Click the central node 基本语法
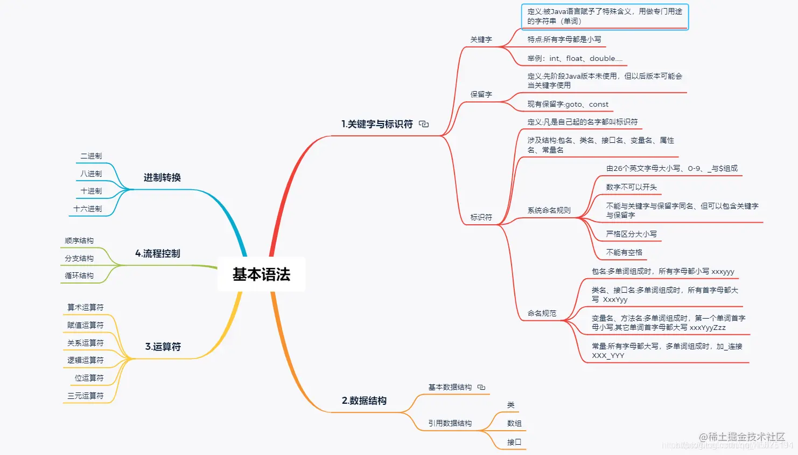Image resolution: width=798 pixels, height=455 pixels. pyautogui.click(x=261, y=274)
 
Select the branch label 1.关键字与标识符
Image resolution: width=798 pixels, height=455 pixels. pyautogui.click(x=377, y=124)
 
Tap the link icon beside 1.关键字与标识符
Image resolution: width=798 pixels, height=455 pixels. pyautogui.click(x=424, y=124)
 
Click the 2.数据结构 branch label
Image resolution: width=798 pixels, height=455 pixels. pyautogui.click(x=364, y=401)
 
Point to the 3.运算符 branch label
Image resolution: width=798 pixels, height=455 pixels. pyautogui.click(x=163, y=347)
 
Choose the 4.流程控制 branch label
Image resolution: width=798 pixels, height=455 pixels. pyautogui.click(x=157, y=253)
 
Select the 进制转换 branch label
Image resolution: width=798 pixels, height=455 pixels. pyautogui.click(x=162, y=177)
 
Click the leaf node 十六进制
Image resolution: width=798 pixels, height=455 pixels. pyautogui.click(x=88, y=209)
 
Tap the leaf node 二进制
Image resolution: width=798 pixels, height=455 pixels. pyautogui.click(x=91, y=156)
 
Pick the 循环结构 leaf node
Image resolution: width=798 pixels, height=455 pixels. pyautogui.click(x=79, y=275)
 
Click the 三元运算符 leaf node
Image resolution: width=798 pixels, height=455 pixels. pyautogui.click(x=85, y=396)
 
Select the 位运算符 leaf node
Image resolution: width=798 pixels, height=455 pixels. pyautogui.click(x=89, y=378)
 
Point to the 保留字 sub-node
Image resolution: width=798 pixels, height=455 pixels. pyautogui.click(x=481, y=94)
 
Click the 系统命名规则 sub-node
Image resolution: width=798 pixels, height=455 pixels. pyautogui.click(x=549, y=210)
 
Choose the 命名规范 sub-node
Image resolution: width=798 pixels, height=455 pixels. pyautogui.click(x=542, y=313)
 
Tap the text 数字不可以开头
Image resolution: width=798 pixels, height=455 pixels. pyautogui.click(x=631, y=187)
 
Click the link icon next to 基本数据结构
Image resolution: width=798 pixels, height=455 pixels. pyautogui.click(x=481, y=387)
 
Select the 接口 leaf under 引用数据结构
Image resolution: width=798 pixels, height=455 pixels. pyautogui.click(x=514, y=442)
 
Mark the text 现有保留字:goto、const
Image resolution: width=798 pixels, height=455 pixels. pyautogui.click(x=568, y=104)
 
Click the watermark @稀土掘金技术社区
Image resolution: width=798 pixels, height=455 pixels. pyautogui.click(x=742, y=437)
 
